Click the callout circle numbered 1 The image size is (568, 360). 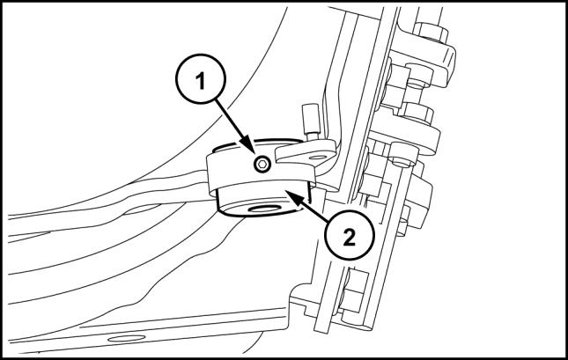point(201,79)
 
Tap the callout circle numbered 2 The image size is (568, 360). point(349,235)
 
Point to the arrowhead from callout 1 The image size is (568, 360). point(248,147)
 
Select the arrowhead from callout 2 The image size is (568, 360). point(292,195)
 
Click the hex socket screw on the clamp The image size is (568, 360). point(262,165)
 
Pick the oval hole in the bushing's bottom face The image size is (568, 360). point(265,209)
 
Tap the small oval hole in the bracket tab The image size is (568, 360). point(318,158)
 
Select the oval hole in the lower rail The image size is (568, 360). point(127,338)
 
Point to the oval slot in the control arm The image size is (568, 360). point(142,209)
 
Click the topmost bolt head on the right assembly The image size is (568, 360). point(431,32)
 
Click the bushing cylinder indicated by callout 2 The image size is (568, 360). point(263,200)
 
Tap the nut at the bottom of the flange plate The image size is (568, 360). point(353,291)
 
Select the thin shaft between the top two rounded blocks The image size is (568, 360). point(417,95)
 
